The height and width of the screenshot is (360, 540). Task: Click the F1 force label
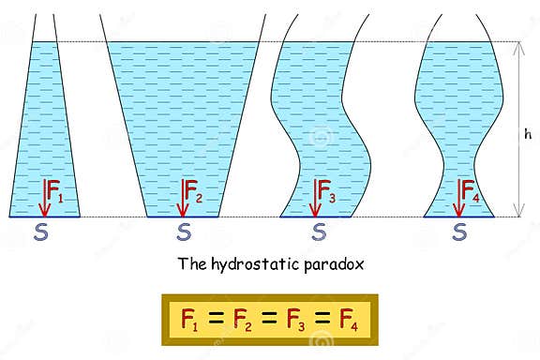tap(55, 199)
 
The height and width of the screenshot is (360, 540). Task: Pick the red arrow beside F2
tap(180, 197)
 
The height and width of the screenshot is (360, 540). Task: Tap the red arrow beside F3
tap(315, 197)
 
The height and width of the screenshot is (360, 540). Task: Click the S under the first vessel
tap(40, 231)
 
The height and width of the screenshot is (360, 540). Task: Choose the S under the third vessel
tap(319, 231)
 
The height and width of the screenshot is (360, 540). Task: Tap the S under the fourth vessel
tap(459, 231)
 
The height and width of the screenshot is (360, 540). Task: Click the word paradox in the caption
tap(329, 263)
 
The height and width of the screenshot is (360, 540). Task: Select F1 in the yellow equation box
tap(188, 319)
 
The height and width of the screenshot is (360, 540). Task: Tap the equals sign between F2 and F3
tap(270, 319)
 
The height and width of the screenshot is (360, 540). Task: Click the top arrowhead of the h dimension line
tap(517, 47)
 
